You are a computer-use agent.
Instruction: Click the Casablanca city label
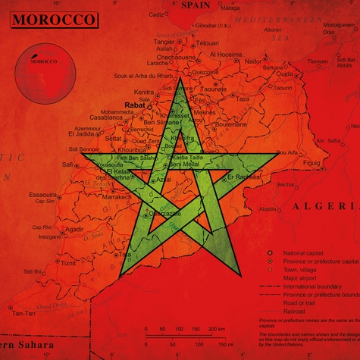click(105, 118)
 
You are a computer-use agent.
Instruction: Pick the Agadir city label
click(74, 228)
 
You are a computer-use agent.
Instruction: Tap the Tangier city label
click(164, 42)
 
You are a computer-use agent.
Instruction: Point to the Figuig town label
click(311, 162)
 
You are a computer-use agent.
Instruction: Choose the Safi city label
click(67, 164)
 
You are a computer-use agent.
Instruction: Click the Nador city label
click(253, 61)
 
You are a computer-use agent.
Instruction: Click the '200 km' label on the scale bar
click(216, 329)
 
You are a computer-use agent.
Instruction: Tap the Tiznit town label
click(68, 263)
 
